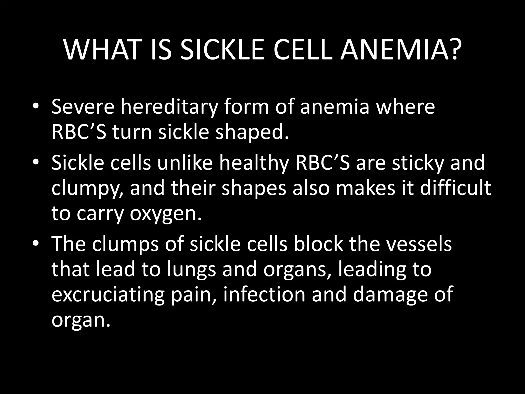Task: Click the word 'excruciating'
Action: point(108,295)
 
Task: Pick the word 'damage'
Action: point(390,295)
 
